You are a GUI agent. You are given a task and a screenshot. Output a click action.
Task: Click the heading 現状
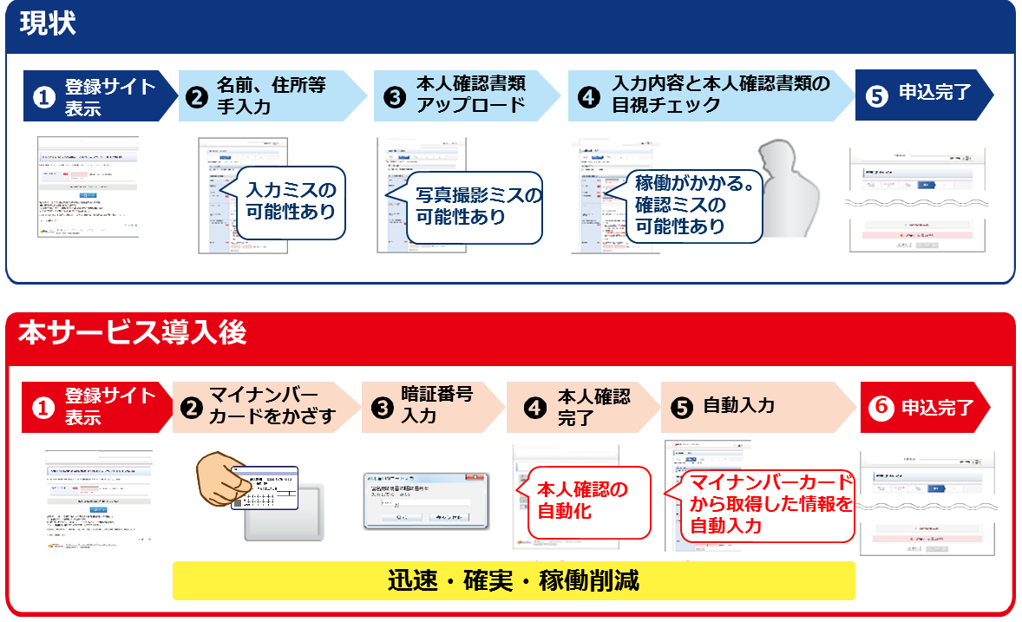pyautogui.click(x=49, y=24)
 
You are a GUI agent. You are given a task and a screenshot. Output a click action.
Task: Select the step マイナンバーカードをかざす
pyautogui.click(x=265, y=407)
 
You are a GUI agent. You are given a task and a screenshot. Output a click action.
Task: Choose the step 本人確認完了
pyautogui.click(x=581, y=407)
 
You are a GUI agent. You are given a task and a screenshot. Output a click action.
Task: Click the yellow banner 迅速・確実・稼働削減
pyautogui.click(x=514, y=580)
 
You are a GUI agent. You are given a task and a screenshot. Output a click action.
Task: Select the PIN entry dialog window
pyautogui.click(x=425, y=501)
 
